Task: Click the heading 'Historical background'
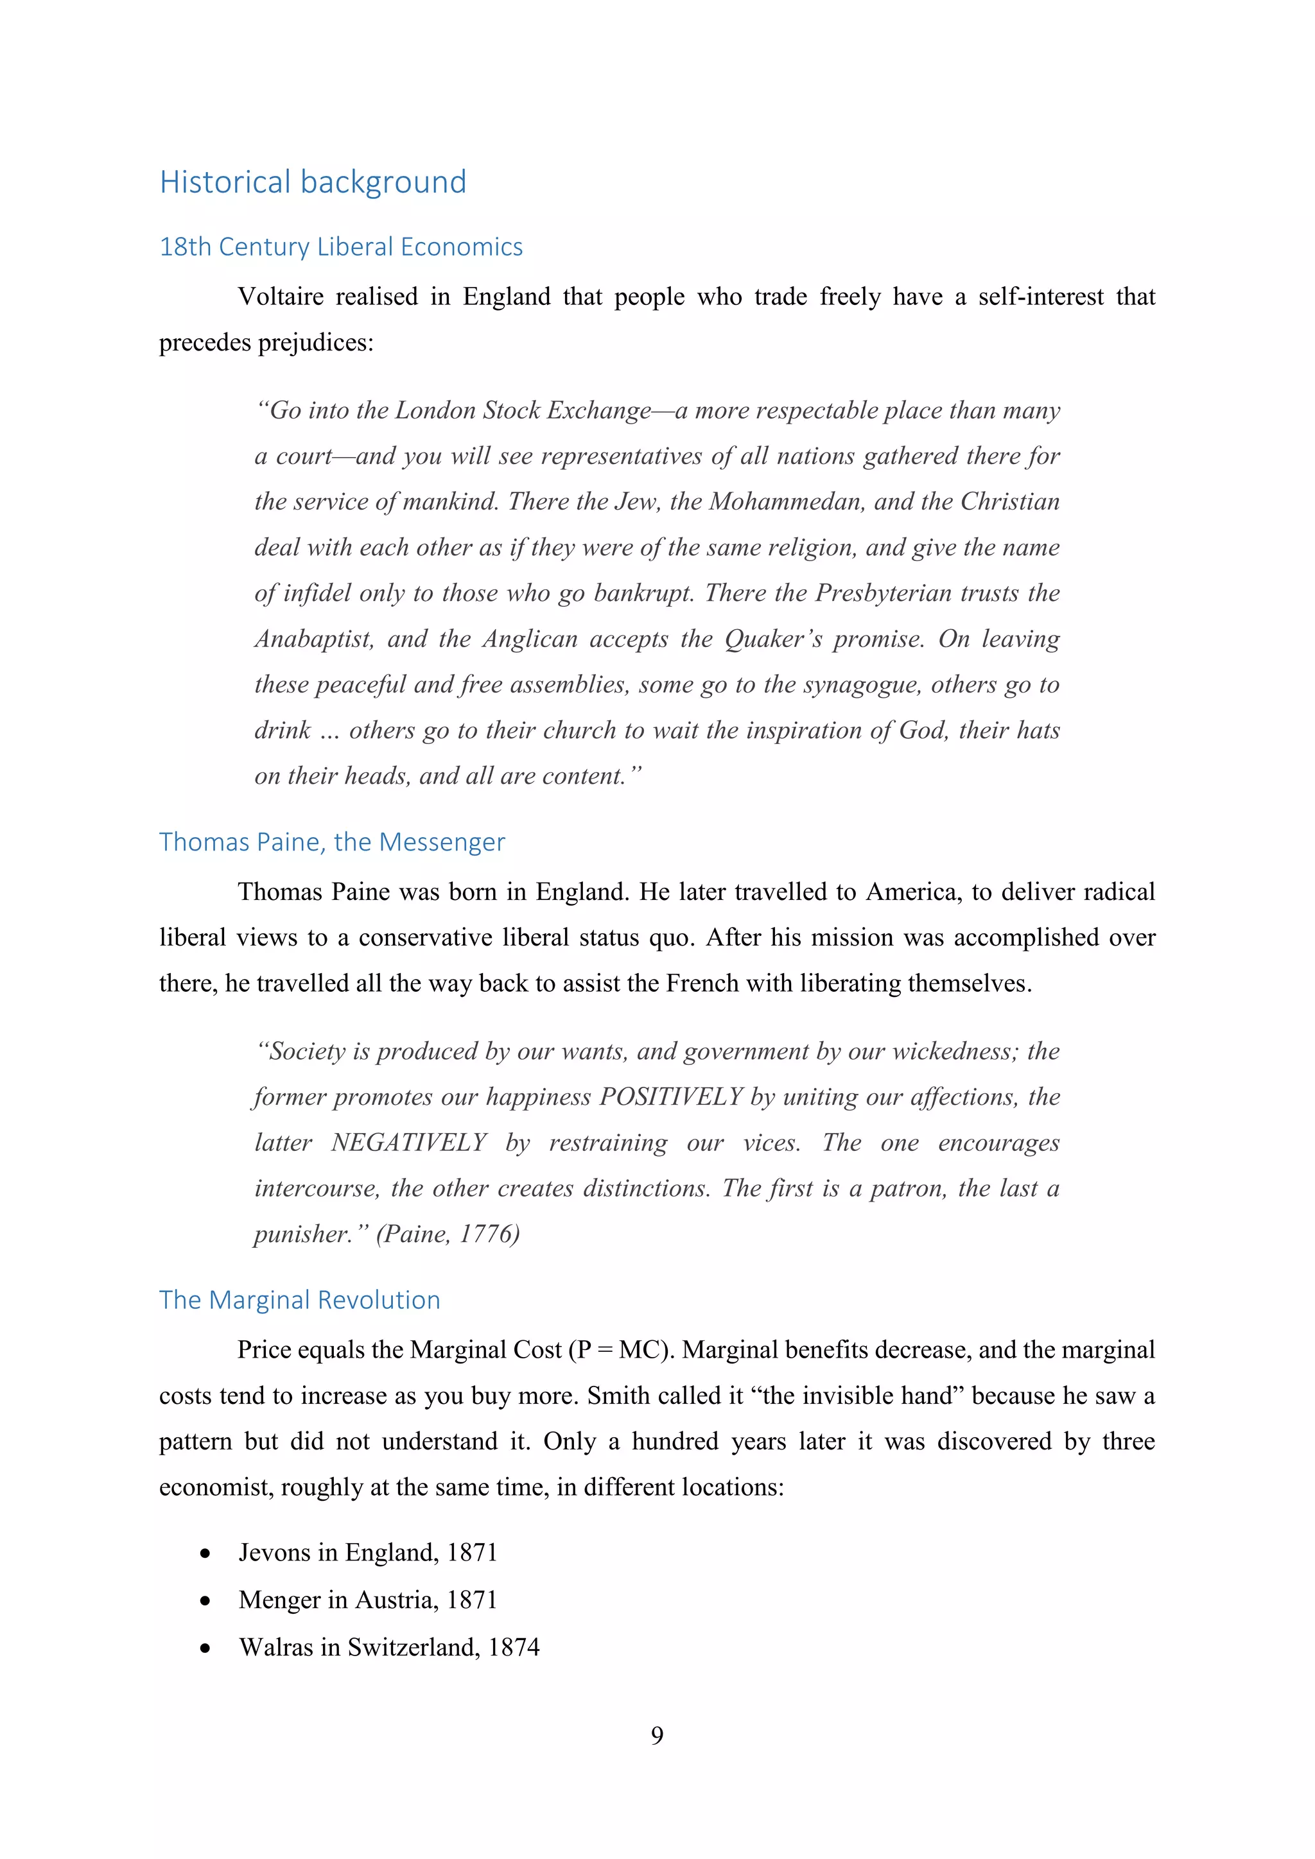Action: pyautogui.click(x=313, y=182)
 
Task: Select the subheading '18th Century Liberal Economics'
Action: pyautogui.click(x=341, y=247)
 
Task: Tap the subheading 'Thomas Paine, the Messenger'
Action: pyautogui.click(x=332, y=842)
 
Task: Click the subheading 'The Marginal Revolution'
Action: pyautogui.click(x=300, y=1299)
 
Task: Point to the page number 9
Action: pyautogui.click(x=657, y=1735)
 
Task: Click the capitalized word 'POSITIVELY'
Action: pyautogui.click(x=670, y=1097)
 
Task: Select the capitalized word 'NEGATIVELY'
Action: pyautogui.click(x=408, y=1143)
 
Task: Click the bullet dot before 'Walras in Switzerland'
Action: pyautogui.click(x=205, y=1648)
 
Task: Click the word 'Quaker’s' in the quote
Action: pyautogui.click(x=772, y=639)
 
